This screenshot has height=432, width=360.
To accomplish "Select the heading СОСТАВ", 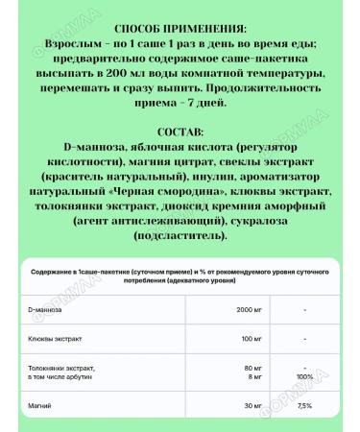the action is tap(179, 131).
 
